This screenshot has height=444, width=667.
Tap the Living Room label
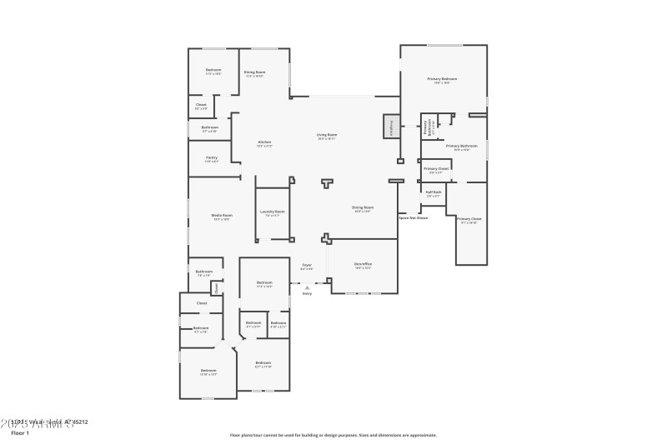(326, 135)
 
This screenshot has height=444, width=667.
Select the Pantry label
(211, 159)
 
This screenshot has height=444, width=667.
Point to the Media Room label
(222, 217)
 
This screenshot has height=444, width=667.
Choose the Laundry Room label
(272, 212)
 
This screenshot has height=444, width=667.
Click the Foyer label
(307, 267)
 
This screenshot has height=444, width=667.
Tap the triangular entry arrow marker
(307, 287)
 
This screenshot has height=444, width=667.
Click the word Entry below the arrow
(307, 293)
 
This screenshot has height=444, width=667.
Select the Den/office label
(363, 265)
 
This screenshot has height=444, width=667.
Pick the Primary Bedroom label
(444, 80)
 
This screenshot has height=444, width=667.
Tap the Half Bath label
(433, 192)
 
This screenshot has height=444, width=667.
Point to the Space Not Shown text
(413, 217)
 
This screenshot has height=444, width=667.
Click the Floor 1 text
(20, 433)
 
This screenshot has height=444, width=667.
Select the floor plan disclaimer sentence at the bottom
(333, 435)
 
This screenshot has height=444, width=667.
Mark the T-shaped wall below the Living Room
(328, 182)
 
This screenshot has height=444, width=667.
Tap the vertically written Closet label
(215, 287)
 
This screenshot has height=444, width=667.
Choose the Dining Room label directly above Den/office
(362, 208)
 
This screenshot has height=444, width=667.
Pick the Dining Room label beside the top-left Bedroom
(254, 74)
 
